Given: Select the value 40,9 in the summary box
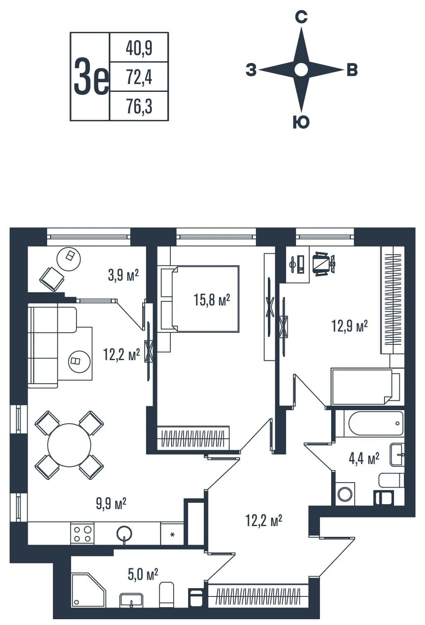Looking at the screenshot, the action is point(139,48).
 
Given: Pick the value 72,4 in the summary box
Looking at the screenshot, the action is point(139,77).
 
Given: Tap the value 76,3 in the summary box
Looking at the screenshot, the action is point(139,106).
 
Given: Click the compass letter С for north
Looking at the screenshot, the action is point(301,17).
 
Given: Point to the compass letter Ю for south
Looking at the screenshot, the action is point(301,122).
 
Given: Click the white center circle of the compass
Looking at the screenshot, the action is point(301,70).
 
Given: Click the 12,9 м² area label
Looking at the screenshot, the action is point(349,326).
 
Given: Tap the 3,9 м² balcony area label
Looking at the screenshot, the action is point(123,276).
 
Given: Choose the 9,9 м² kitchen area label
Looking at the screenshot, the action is point(111,511).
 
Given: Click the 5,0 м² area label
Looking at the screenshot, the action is point(143,575).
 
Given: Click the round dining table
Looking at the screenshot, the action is point(69,445).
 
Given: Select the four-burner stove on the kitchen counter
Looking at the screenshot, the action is point(82,533).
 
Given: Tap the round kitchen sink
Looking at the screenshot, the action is point(124,533).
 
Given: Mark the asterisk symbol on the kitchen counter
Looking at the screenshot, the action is point(172,535).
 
